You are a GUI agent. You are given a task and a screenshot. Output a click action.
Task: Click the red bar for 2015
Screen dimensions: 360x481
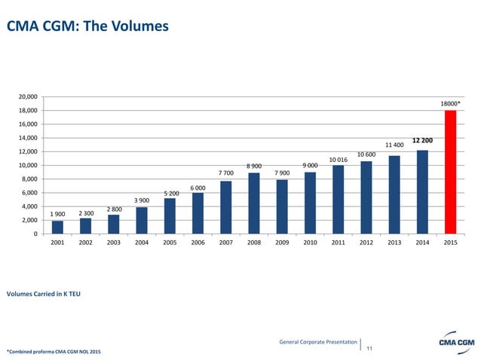450,172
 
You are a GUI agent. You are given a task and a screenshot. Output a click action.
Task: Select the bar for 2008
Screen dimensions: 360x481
253,203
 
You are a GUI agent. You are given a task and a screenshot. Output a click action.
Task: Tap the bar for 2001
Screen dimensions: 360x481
57,227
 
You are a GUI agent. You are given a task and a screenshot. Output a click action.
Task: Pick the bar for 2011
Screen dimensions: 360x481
338,199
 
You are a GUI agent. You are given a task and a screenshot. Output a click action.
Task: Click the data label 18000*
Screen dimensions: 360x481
450,103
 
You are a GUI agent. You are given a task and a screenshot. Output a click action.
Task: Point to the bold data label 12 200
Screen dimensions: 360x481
422,140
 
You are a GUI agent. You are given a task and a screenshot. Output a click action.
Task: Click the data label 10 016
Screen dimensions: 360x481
338,159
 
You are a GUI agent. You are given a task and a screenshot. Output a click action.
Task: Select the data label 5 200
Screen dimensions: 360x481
170,193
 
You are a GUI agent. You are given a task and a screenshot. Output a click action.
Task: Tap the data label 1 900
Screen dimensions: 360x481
57,214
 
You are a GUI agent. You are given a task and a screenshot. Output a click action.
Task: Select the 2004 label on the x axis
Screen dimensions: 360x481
142,244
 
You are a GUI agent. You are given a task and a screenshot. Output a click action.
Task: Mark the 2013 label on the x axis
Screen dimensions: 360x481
394,244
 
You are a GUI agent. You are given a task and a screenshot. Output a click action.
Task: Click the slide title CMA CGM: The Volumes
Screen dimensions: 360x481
87,27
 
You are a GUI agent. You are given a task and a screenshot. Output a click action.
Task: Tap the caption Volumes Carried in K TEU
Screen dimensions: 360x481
44,292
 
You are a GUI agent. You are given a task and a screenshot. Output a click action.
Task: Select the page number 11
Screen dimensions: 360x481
369,348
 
